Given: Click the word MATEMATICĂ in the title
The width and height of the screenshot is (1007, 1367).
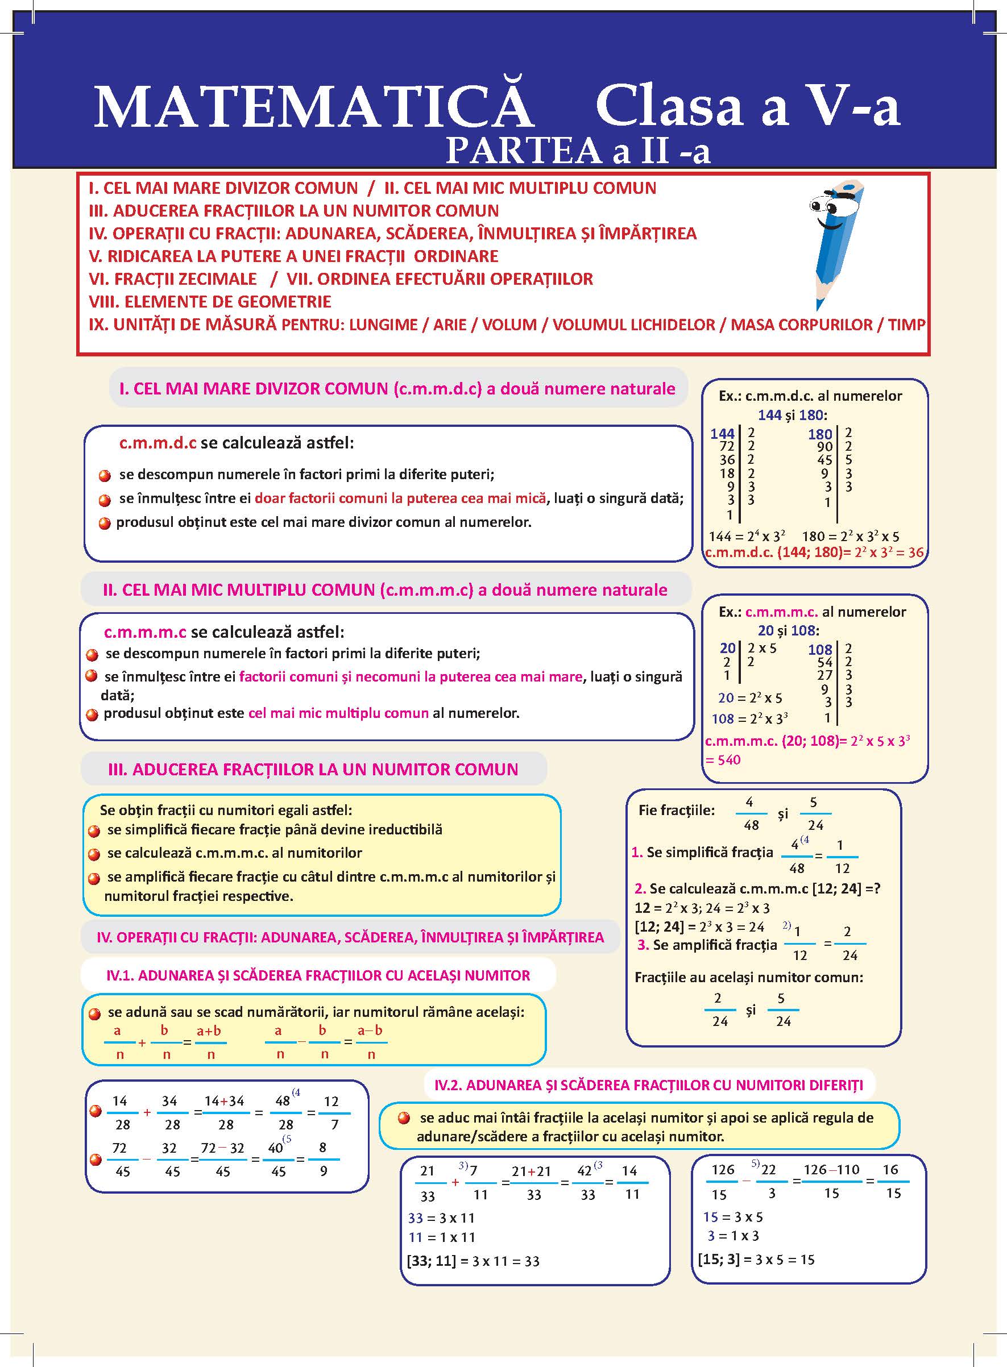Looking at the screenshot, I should [x=314, y=108].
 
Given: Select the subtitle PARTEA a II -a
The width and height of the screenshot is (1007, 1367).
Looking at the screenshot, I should [x=578, y=151].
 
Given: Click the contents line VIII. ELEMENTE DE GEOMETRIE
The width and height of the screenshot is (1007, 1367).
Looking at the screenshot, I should [x=210, y=302].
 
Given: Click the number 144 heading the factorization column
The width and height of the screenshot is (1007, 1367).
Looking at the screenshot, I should [x=722, y=434].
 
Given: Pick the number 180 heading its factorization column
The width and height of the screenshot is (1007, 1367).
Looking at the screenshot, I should [x=820, y=434].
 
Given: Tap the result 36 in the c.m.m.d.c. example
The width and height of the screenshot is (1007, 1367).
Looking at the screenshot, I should [x=915, y=552].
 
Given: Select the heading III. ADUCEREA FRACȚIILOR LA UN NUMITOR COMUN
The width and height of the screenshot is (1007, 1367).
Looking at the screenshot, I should [x=313, y=770].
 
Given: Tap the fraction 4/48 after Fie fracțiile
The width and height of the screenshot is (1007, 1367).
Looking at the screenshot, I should [x=751, y=814].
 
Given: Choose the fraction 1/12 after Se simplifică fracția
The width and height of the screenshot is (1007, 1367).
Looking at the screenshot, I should [x=841, y=857].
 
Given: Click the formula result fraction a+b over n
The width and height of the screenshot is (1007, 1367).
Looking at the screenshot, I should [x=209, y=1042].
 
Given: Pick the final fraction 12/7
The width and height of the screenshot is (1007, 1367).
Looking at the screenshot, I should [x=332, y=1112].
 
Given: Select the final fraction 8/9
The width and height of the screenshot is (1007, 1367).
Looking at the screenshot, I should [x=323, y=1160].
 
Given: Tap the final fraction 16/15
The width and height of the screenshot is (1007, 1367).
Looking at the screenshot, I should [x=892, y=1182].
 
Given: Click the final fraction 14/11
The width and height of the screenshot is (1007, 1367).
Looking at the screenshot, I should [x=631, y=1182].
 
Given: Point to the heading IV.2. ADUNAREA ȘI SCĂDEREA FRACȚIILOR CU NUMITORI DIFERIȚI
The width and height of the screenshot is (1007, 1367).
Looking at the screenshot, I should [x=649, y=1085].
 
